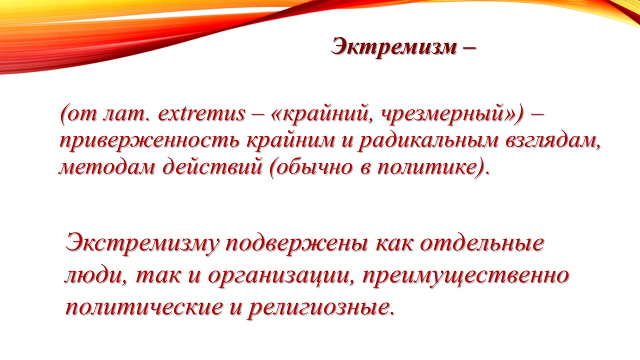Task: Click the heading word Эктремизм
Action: click(x=393, y=46)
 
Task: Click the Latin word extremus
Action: click(x=201, y=113)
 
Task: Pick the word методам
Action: click(x=107, y=167)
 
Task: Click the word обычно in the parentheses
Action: click(x=313, y=167)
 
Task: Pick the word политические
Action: click(x=143, y=308)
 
